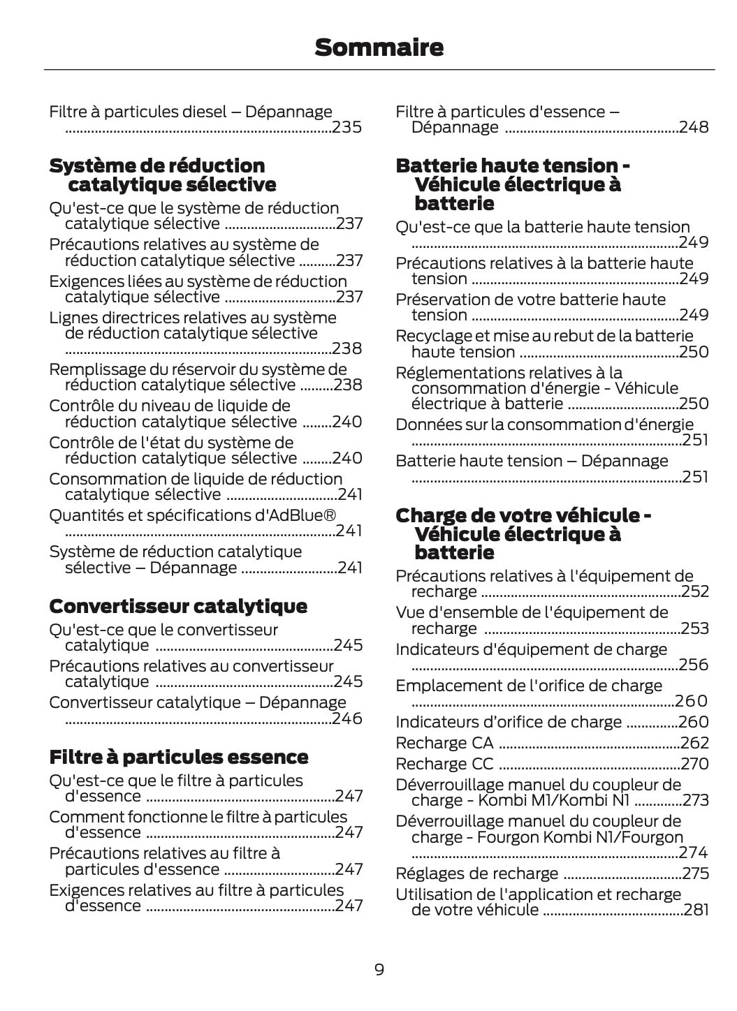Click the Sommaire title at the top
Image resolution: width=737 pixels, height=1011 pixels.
tap(379, 47)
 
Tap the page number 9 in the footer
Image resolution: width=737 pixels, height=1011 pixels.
tap(379, 969)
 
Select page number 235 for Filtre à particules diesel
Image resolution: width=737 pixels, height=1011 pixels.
tap(346, 128)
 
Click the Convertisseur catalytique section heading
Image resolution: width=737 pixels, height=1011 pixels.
tap(178, 605)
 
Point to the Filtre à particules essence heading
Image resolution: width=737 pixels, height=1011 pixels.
tap(179, 757)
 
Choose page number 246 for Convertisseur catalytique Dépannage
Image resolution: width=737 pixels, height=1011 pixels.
tap(347, 718)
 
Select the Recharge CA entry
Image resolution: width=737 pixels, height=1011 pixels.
tap(444, 743)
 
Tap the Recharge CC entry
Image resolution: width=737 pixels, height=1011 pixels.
tap(444, 764)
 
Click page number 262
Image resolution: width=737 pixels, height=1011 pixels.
tap(694, 743)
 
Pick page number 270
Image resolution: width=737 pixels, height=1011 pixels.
tap(694, 764)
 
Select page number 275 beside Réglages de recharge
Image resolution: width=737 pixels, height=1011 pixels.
tap(695, 873)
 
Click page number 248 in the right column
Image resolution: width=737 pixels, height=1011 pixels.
tap(694, 127)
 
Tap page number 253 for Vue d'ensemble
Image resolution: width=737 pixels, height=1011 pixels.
tap(694, 628)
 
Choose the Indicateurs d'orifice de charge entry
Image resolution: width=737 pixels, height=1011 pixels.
tap(509, 722)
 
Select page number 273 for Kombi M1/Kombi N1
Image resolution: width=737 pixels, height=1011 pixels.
tap(695, 800)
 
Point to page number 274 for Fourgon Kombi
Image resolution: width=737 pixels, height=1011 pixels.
tap(693, 853)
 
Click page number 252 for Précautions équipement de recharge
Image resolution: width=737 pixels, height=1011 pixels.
tap(694, 591)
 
